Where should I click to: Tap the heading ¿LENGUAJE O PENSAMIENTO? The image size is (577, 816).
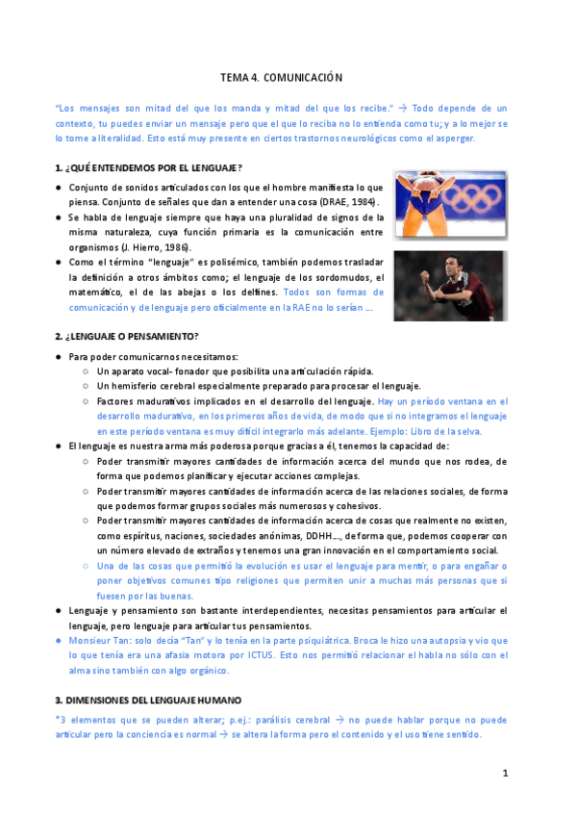point(133,336)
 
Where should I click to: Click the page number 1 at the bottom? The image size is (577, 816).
point(504,774)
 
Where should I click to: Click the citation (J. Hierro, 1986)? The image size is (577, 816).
point(145,246)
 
